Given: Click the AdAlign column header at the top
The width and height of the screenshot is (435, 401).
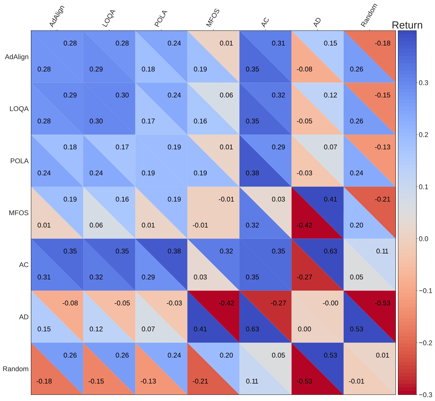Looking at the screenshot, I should [x=57, y=16].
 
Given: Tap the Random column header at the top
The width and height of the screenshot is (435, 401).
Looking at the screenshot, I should [x=369, y=15].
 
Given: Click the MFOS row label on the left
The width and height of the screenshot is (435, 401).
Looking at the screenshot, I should [x=19, y=213].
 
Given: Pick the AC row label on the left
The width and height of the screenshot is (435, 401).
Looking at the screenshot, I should [x=24, y=265].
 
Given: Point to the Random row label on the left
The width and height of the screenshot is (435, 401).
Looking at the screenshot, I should [x=15, y=369].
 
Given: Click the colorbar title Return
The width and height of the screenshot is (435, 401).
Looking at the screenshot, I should [x=407, y=25].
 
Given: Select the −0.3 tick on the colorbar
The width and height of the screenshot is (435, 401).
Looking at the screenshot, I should [x=425, y=395].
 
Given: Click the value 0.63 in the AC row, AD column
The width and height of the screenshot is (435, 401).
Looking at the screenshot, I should [x=330, y=251].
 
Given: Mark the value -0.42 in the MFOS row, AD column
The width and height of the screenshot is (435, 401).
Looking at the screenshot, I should [x=304, y=225].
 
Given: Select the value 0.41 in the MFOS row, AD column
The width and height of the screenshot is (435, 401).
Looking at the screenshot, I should [x=330, y=199].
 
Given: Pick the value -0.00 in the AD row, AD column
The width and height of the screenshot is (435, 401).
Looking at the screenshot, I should [x=330, y=303].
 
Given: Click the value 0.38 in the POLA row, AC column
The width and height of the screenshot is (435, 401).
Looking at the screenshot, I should [x=252, y=173].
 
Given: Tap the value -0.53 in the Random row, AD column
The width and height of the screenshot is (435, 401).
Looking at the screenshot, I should [x=304, y=381].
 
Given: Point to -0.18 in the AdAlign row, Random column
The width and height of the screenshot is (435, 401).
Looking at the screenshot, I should [x=382, y=43].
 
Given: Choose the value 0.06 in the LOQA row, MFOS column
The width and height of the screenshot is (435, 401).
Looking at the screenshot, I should [x=226, y=95].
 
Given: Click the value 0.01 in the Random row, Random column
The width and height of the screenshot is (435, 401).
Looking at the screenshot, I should [x=382, y=355].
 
